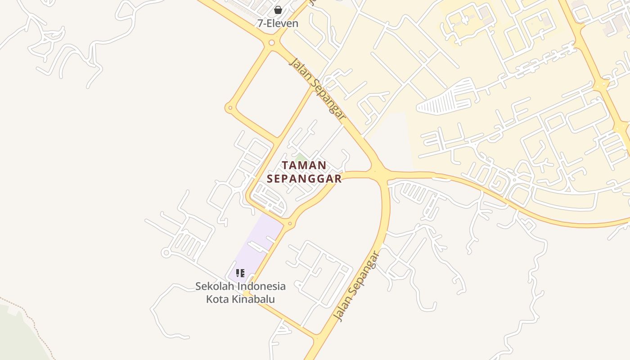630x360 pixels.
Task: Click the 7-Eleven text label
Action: (278, 23)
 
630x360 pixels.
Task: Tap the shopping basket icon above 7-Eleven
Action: (278, 10)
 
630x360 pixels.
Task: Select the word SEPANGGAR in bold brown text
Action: (304, 179)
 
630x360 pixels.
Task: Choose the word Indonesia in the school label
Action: (261, 286)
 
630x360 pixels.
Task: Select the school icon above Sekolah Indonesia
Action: (240, 273)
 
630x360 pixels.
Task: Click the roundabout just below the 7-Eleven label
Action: (271, 43)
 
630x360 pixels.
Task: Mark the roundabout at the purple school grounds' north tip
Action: (290, 223)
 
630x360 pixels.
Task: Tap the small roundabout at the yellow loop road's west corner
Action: (230, 108)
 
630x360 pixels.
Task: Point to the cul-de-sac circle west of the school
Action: (166, 253)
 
